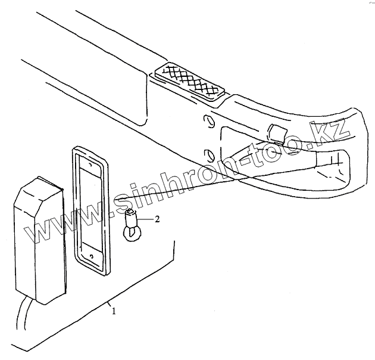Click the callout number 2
[x=157, y=219]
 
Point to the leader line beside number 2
[x=145, y=220]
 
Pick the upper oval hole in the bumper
[x=207, y=122]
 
